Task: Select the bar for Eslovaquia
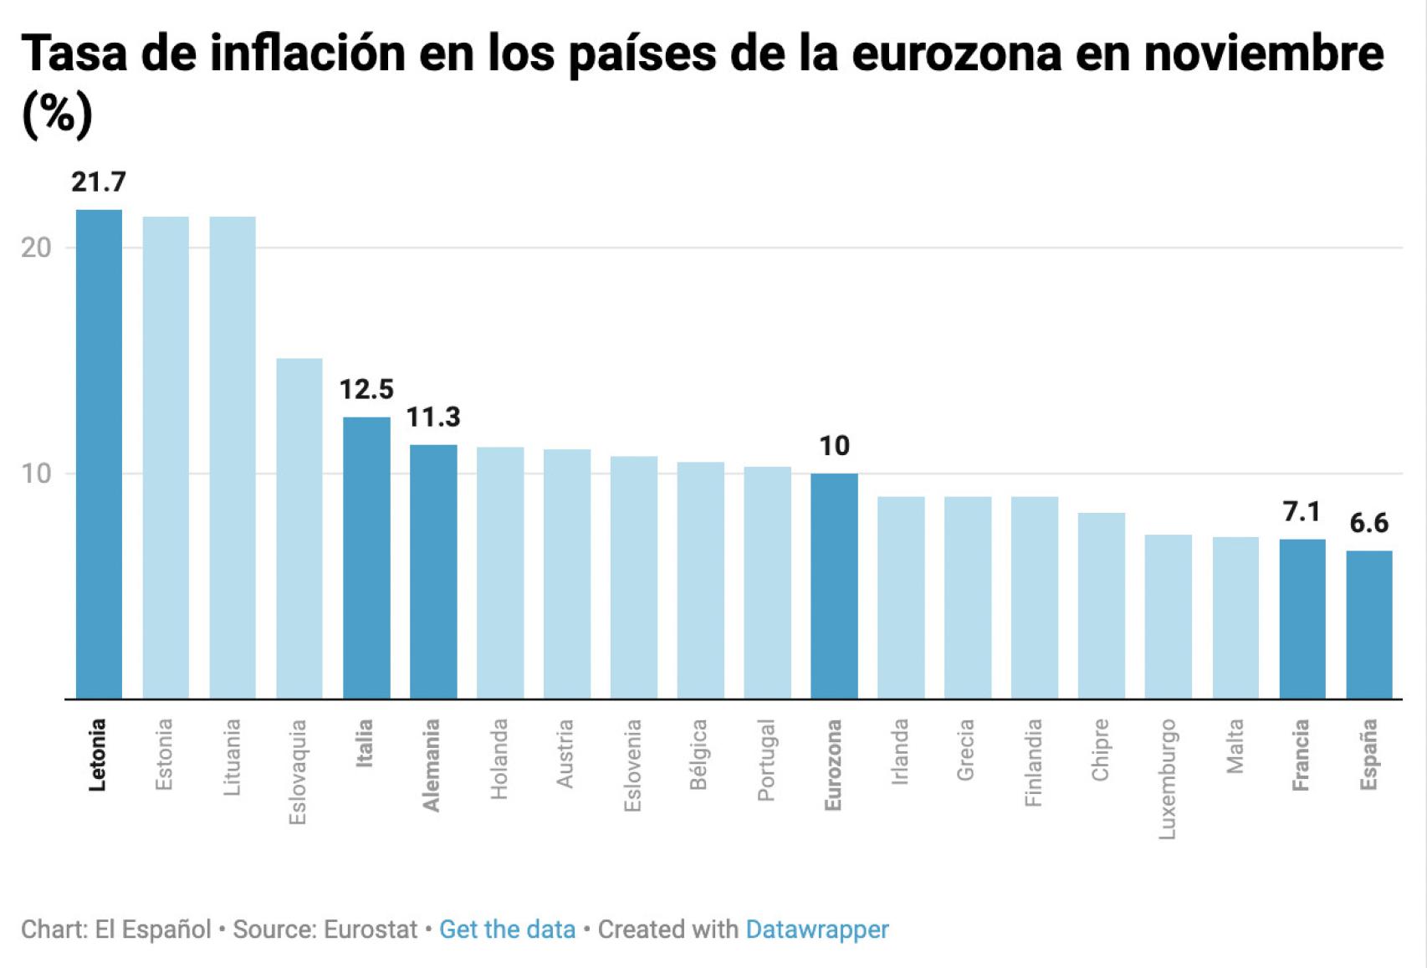click(x=299, y=529)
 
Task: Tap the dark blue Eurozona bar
click(x=834, y=586)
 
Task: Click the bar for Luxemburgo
click(x=1168, y=617)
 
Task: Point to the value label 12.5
click(x=366, y=389)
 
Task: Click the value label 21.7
click(x=99, y=182)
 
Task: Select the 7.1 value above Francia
click(x=1302, y=511)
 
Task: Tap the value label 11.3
click(x=433, y=417)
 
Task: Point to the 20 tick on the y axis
click(x=36, y=248)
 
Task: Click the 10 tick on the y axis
click(x=36, y=474)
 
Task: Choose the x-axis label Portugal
click(x=766, y=760)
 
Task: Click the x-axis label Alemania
click(x=432, y=765)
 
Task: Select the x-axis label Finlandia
click(x=1034, y=762)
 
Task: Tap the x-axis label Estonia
click(x=164, y=754)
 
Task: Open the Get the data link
click(x=507, y=930)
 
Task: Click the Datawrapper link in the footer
click(x=816, y=930)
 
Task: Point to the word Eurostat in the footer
click(x=370, y=930)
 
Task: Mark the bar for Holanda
click(x=500, y=573)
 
